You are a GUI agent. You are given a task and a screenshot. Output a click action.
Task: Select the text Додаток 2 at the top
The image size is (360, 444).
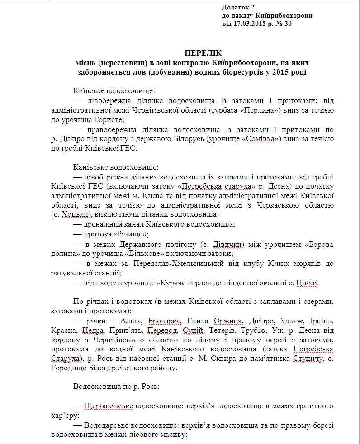point(238,7)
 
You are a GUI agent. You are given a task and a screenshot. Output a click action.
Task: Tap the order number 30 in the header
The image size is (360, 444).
point(288,24)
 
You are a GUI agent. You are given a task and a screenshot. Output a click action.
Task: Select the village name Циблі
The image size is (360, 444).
point(307,283)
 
